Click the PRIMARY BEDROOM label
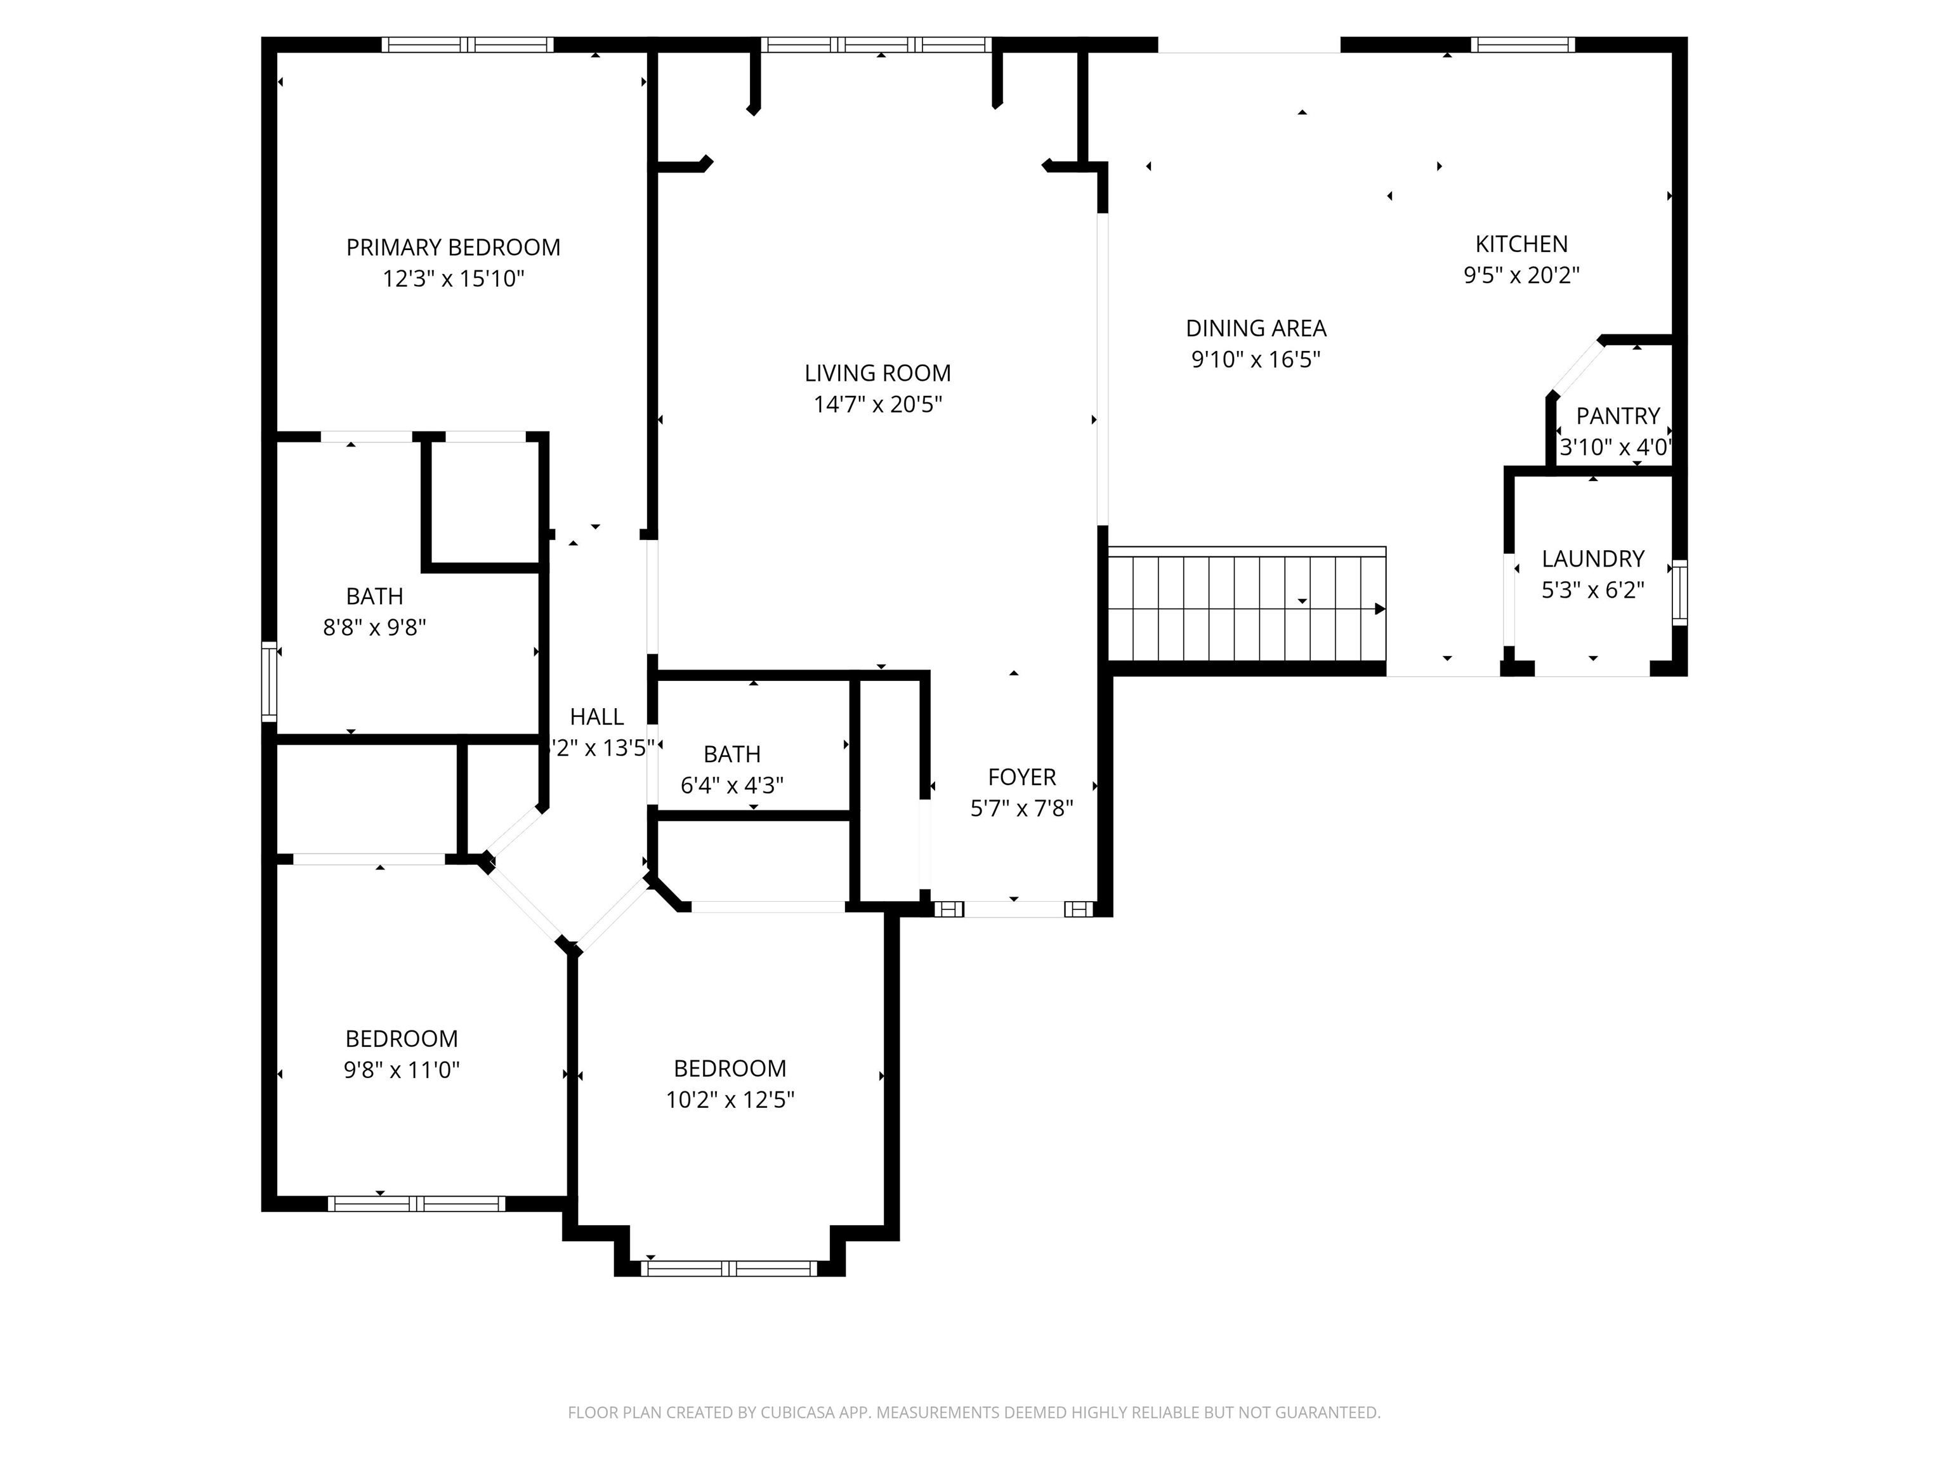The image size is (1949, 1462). (453, 247)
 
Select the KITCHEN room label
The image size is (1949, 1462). (1521, 244)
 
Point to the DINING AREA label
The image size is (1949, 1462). (1256, 329)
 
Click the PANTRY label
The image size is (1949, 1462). (1618, 416)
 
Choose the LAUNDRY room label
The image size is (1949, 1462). (1593, 558)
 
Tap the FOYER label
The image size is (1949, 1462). (1021, 777)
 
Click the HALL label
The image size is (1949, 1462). (596, 717)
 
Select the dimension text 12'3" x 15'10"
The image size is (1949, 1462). (453, 279)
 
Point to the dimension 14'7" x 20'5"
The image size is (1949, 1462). (877, 404)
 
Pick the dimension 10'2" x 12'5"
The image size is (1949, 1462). (730, 1100)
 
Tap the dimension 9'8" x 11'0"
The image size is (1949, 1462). (402, 1070)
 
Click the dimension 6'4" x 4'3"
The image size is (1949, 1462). (732, 785)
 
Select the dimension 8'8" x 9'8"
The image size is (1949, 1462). (374, 628)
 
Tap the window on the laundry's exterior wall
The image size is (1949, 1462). (1679, 593)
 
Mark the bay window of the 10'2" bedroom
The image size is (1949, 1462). (730, 1269)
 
